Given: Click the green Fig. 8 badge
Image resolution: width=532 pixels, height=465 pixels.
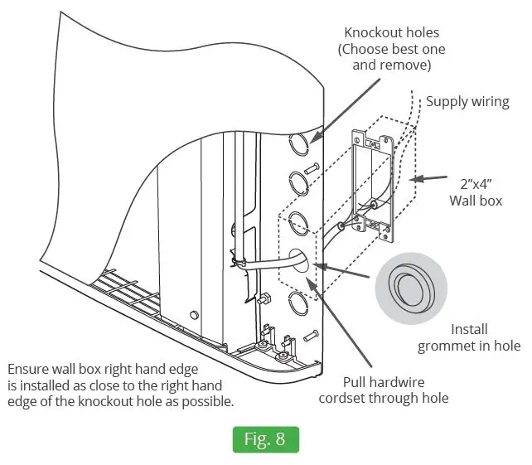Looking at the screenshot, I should [264, 438].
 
